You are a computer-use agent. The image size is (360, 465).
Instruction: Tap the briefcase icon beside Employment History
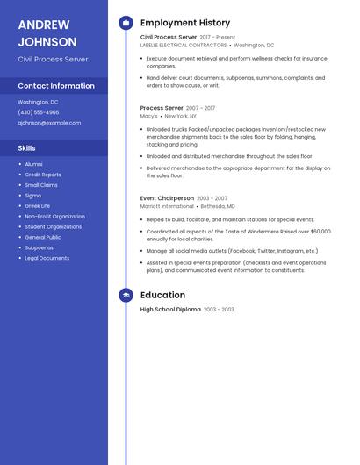click(x=126, y=23)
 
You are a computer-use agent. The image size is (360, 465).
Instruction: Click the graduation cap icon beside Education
click(x=126, y=296)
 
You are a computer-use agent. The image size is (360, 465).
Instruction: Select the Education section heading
click(x=162, y=296)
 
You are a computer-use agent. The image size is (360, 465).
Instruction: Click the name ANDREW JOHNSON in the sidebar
click(x=47, y=32)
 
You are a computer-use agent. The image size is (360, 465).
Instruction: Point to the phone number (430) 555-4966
click(x=39, y=112)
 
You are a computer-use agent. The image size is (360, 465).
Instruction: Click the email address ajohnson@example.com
click(x=49, y=123)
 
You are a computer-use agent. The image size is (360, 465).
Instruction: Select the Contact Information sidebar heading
click(x=56, y=86)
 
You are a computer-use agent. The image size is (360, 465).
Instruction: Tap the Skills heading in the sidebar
click(x=27, y=148)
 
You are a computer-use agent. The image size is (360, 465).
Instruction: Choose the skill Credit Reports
click(x=43, y=175)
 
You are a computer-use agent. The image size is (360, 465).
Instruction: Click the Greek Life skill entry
click(x=38, y=206)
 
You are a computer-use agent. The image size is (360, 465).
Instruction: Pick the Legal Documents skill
click(x=47, y=258)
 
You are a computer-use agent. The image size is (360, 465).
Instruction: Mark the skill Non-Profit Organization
click(x=54, y=216)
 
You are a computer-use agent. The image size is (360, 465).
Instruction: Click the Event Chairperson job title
click(x=167, y=198)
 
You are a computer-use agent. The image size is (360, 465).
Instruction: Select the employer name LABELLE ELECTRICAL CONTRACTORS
click(x=184, y=45)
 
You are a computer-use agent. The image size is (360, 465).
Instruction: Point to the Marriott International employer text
click(x=168, y=206)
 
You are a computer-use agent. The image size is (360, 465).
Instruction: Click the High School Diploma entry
click(x=170, y=310)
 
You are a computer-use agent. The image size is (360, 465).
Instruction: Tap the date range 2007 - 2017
click(x=200, y=108)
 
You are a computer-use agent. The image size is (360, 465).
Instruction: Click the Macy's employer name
click(x=149, y=116)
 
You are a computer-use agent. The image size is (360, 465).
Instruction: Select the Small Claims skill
click(x=41, y=185)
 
